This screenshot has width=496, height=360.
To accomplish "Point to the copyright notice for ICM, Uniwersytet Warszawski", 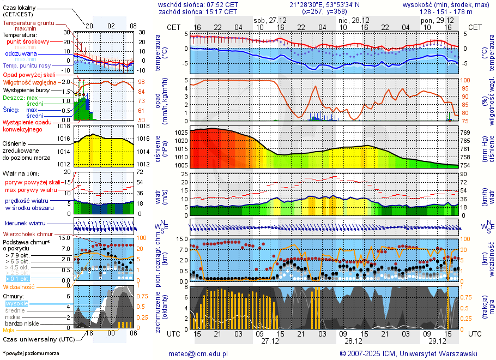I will pos(408,353).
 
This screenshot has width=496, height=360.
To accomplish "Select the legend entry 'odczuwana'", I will pos(21,54).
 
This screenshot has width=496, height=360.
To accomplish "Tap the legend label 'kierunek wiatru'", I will pos(25,223).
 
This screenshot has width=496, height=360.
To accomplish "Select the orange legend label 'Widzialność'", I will pos(19,286).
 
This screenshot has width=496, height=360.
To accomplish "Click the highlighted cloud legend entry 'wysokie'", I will pos(16,303).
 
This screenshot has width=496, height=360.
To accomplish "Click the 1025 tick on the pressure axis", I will pos(180,133).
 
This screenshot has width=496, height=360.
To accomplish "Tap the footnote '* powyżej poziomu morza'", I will pos(31,353).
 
